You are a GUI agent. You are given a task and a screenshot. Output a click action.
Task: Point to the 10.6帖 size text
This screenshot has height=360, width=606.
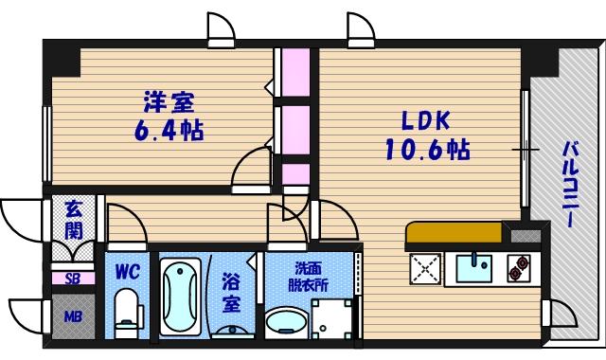point(427,149)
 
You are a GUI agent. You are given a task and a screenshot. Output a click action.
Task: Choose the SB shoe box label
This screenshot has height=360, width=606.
point(73,279)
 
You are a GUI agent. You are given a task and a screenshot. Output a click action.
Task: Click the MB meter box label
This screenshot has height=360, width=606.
point(73,316)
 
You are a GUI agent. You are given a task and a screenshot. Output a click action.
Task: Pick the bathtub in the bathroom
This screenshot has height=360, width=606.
point(180,298)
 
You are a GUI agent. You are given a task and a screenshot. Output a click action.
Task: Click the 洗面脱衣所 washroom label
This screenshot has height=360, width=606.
point(309,275)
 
